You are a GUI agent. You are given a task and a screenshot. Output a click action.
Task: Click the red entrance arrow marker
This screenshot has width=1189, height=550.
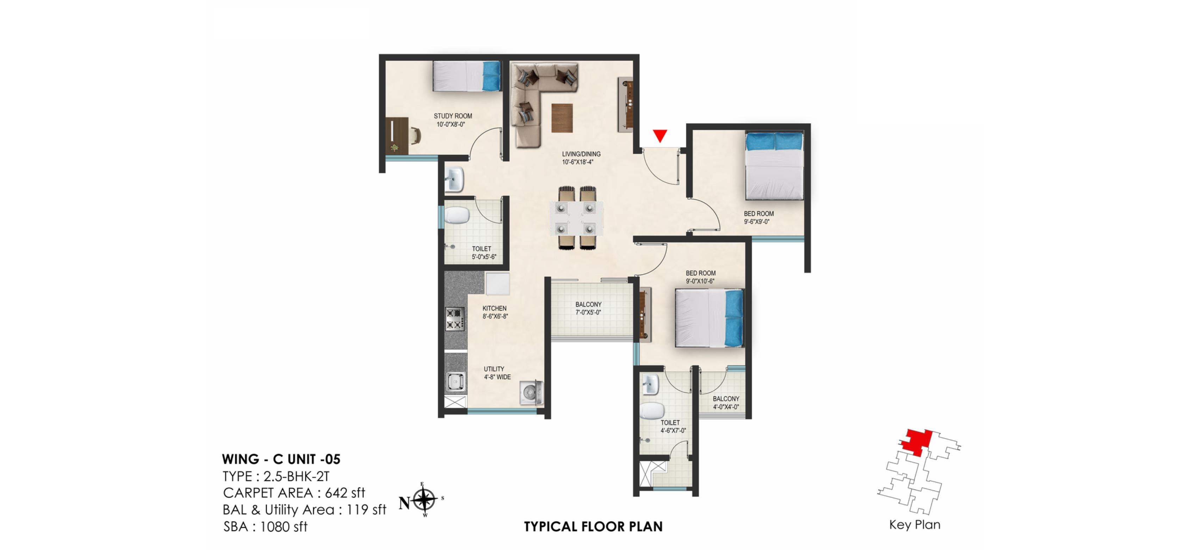point(659,135)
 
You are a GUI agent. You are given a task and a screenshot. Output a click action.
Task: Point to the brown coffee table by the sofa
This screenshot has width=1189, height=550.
point(562,118)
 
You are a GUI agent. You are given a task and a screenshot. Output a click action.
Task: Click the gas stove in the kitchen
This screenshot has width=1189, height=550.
point(454,318)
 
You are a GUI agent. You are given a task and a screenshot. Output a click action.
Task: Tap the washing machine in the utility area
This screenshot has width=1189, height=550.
point(531,392)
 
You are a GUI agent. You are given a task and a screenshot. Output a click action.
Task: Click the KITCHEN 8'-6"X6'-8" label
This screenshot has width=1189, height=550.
point(495,312)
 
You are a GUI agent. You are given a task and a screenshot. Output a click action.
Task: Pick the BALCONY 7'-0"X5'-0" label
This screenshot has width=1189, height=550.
point(588,308)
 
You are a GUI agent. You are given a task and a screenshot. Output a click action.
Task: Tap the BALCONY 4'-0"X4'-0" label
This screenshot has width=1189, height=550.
point(726,403)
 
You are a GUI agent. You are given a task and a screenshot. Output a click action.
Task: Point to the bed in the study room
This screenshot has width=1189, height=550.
point(466,76)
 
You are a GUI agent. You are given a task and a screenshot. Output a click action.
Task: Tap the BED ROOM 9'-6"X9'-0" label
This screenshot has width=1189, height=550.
point(758,217)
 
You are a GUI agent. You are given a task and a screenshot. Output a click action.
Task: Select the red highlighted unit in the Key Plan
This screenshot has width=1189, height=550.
point(916,442)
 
